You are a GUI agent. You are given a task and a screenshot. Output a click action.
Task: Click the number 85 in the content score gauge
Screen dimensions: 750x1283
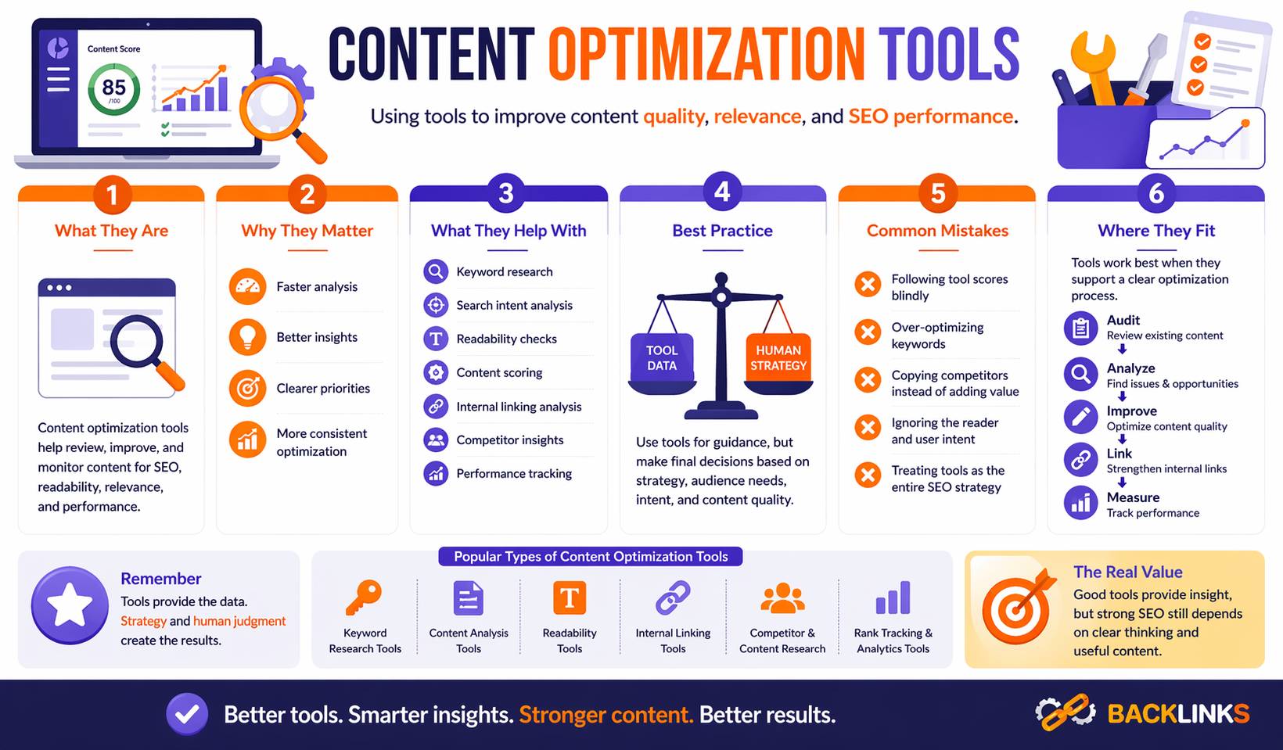(x=113, y=87)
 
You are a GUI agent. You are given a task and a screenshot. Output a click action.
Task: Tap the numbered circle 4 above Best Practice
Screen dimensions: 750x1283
(x=721, y=192)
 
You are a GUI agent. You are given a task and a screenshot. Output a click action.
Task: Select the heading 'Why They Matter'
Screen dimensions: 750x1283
(x=307, y=231)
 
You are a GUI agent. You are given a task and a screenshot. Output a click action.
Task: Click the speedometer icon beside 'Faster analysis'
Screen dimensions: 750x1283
(x=247, y=286)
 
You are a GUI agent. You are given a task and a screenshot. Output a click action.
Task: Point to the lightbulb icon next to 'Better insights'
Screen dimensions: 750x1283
(x=247, y=337)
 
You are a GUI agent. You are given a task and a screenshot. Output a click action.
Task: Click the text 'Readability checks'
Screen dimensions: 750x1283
(x=506, y=339)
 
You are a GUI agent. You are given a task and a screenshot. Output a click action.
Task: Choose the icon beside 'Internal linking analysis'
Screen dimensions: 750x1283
(x=436, y=406)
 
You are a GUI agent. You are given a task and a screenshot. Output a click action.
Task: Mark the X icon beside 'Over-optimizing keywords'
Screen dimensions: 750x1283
(x=867, y=332)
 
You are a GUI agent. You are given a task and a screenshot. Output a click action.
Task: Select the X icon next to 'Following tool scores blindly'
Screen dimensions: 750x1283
(x=867, y=284)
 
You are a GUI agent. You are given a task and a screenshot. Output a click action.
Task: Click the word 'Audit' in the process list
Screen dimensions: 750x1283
(x=1123, y=320)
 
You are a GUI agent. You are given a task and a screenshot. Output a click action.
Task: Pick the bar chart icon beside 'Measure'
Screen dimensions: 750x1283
(x=1080, y=502)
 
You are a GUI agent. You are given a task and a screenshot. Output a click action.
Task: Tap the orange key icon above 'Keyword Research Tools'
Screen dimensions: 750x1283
(x=364, y=598)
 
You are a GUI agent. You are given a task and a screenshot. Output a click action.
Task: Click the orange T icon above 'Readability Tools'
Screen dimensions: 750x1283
(x=570, y=598)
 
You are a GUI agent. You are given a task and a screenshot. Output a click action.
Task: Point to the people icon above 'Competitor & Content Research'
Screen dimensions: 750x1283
(x=782, y=598)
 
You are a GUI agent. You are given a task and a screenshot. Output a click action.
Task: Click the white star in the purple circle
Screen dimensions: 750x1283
(x=70, y=605)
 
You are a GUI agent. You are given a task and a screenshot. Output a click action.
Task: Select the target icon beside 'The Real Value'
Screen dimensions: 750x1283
(x=1016, y=608)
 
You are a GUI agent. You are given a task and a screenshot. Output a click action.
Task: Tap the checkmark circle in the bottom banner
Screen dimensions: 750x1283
(x=187, y=713)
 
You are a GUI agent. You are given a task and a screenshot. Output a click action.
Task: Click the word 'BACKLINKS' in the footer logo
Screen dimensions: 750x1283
(x=1178, y=713)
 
